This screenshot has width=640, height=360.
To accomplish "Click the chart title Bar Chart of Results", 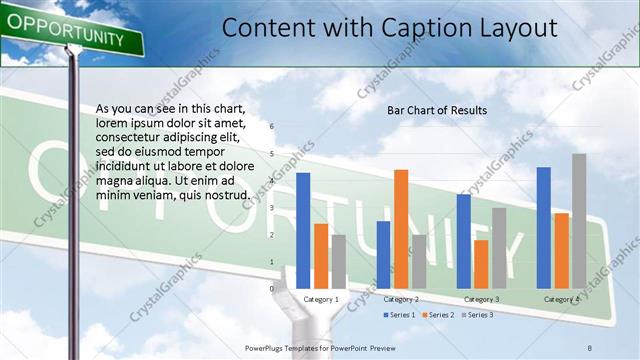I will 437,110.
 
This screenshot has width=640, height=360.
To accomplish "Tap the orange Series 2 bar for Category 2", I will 401,229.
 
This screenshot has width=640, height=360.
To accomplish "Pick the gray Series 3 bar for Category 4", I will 579,221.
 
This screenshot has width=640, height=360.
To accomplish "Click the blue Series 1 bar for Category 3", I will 463,241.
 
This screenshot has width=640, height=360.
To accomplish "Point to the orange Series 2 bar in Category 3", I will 481,264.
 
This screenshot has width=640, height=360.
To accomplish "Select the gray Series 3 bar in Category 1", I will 339,261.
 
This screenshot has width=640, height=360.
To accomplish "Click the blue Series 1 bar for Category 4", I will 543,227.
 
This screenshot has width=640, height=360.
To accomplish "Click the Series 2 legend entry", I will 439,315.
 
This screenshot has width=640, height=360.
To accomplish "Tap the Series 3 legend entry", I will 477,315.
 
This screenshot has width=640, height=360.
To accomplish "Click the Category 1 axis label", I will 321,300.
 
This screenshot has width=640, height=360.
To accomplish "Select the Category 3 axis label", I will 481,300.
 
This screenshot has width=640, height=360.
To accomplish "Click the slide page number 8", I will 590,346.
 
